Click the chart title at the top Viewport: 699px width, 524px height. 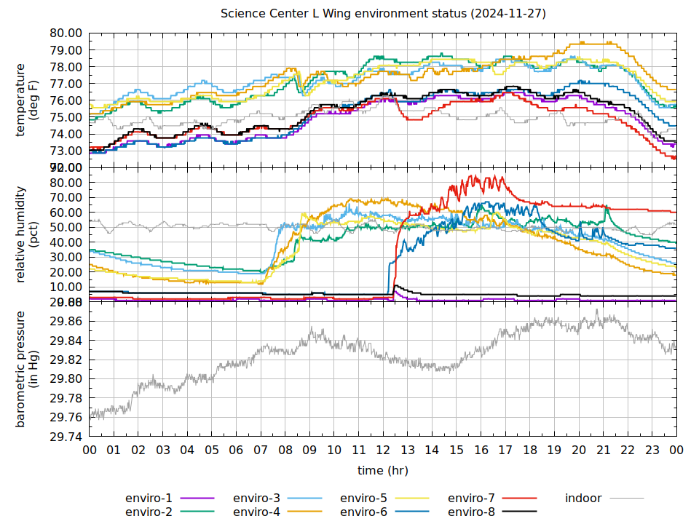coord(383,14)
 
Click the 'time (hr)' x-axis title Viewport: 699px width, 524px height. coord(383,471)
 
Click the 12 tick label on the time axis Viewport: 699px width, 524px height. coord(383,450)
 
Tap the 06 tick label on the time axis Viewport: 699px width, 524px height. coord(237,450)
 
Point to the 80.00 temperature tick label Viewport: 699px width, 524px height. coord(66,33)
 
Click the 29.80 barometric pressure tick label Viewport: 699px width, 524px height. coord(66,379)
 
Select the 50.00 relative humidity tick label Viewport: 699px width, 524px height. coord(66,227)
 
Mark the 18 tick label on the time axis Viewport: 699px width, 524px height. coord(530,450)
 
